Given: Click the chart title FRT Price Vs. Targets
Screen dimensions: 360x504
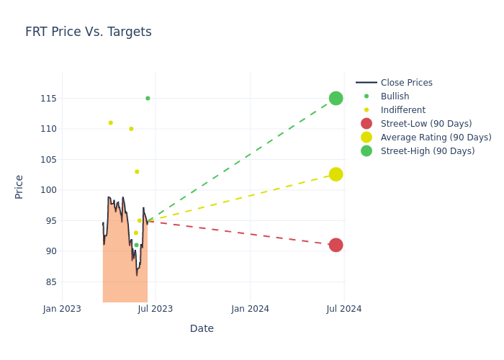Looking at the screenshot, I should [88, 32].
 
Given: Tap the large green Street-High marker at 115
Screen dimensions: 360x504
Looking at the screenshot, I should [336, 98].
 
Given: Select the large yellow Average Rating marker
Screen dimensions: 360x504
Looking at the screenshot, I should [336, 174].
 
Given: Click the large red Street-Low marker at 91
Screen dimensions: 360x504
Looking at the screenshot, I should [336, 245].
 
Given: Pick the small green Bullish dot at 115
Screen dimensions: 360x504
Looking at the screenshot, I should [148, 98].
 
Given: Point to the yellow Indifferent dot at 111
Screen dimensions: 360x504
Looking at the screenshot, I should [110, 122].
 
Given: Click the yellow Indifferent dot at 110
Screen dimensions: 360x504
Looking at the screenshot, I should [131, 129].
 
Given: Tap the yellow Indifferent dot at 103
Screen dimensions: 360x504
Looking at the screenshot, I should [137, 171].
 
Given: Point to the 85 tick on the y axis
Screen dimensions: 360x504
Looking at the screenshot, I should [50, 282].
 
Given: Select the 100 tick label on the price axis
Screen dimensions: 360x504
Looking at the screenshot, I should [48, 190].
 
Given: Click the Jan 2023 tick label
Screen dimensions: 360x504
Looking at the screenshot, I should [62, 309].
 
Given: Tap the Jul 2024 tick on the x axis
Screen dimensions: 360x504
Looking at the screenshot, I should [344, 309].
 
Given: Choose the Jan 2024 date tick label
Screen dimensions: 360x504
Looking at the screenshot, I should [250, 309].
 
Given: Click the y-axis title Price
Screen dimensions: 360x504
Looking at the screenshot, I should [19, 186].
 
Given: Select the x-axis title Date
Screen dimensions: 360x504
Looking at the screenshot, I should [202, 328].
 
